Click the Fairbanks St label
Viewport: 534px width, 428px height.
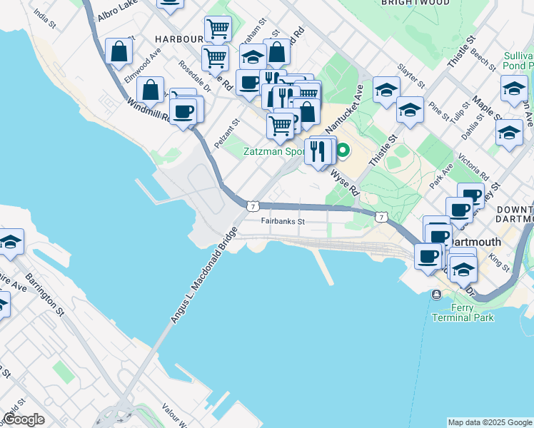[283, 221]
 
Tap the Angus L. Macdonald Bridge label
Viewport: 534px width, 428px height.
[203, 276]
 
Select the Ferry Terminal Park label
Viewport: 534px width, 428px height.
[463, 312]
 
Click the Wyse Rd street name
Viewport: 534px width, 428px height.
[343, 183]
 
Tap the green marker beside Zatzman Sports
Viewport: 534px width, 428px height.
[343, 151]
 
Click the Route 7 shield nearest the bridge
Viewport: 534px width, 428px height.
[252, 205]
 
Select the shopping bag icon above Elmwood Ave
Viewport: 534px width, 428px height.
[119, 51]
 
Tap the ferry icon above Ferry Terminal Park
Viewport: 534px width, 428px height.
[435, 294]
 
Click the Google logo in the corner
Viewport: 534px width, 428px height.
[25, 419]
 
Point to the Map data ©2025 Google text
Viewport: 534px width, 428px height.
[489, 422]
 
